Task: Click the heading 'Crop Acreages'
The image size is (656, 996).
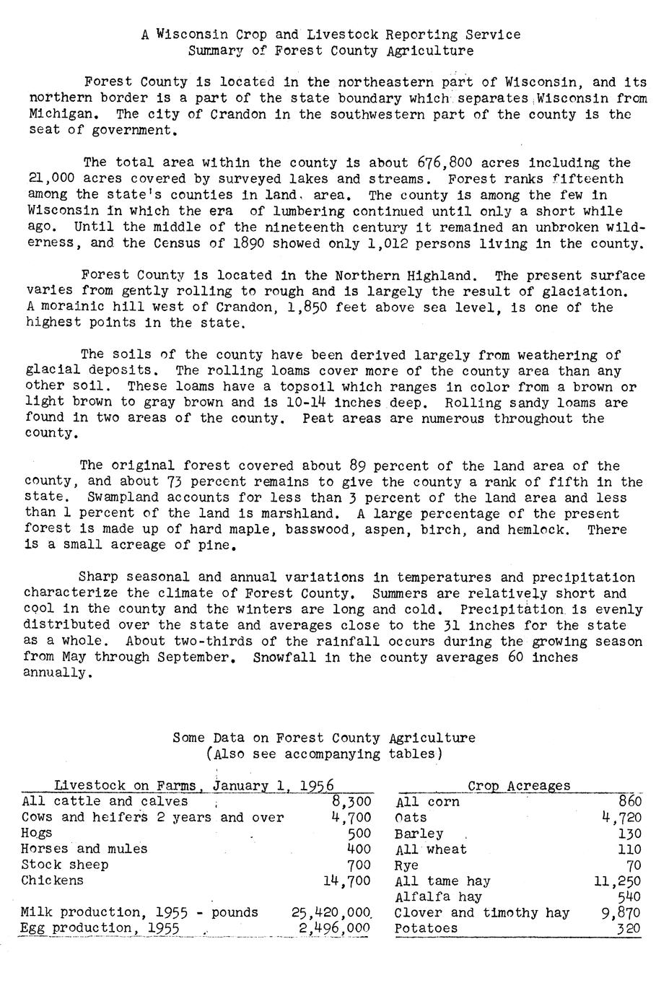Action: (519, 786)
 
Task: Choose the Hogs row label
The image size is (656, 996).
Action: (37, 834)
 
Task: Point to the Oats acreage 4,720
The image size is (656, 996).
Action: (621, 818)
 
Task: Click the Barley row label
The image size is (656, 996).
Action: (419, 834)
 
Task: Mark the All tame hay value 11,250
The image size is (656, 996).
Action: (617, 881)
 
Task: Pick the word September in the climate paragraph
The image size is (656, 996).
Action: (197, 657)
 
